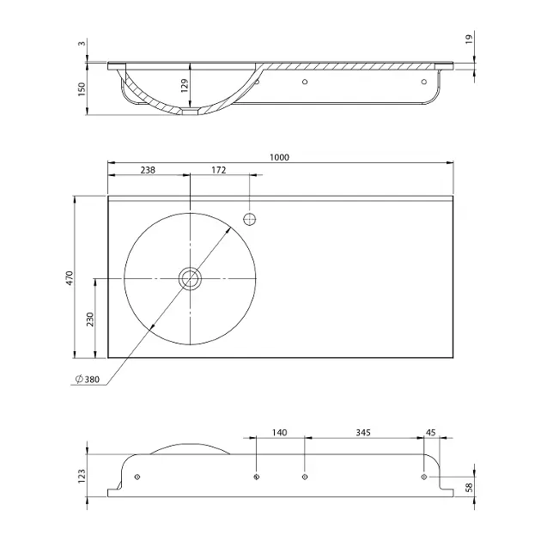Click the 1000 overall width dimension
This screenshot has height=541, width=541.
point(279,157)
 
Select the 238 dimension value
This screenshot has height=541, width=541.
point(148,170)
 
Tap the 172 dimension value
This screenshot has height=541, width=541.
point(218,170)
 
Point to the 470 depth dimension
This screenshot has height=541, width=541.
point(70,278)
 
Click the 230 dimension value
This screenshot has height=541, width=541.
point(90,319)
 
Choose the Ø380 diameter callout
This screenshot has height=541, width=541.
point(88,380)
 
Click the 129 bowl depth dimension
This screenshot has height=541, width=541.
point(185,86)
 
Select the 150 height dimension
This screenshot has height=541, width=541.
point(82,89)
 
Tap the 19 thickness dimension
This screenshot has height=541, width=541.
point(469,39)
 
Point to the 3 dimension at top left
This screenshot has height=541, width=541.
point(82,44)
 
